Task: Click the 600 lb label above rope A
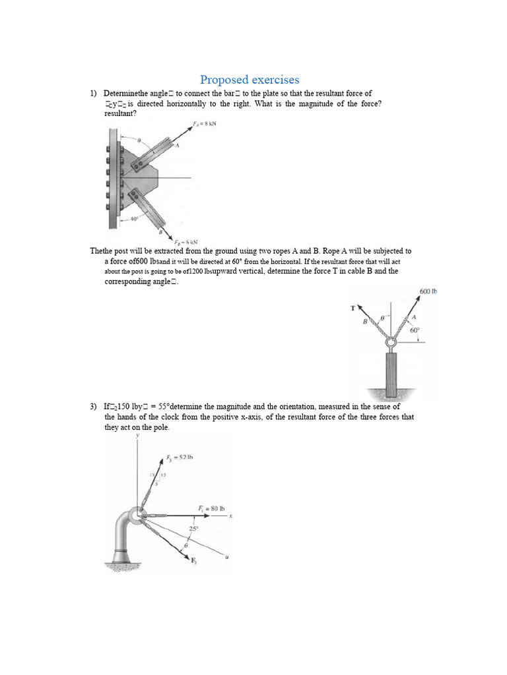tap(428, 291)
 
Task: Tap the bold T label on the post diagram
tap(353, 308)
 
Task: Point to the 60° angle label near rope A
tap(415, 331)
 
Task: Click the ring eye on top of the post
tap(391, 344)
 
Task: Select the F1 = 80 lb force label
tap(211, 508)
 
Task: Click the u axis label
tap(226, 557)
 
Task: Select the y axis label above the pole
tap(137, 436)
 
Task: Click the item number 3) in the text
tap(94, 407)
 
